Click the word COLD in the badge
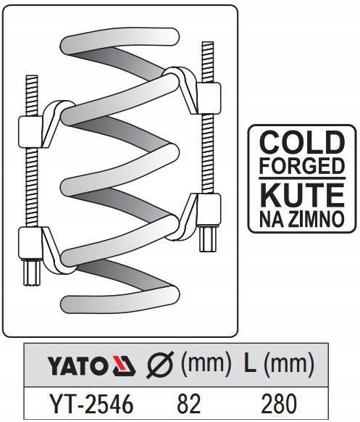[302, 142]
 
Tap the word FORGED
[302, 166]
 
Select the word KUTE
[302, 195]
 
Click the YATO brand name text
[76, 366]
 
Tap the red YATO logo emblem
[124, 365]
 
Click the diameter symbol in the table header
[160, 365]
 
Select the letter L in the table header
[250, 363]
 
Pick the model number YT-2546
[92, 404]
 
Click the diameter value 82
[188, 404]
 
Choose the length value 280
[279, 404]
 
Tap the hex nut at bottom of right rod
[208, 239]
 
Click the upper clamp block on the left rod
[30, 132]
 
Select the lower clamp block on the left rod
[30, 244]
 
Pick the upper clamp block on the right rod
[209, 98]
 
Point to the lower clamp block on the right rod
[209, 210]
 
